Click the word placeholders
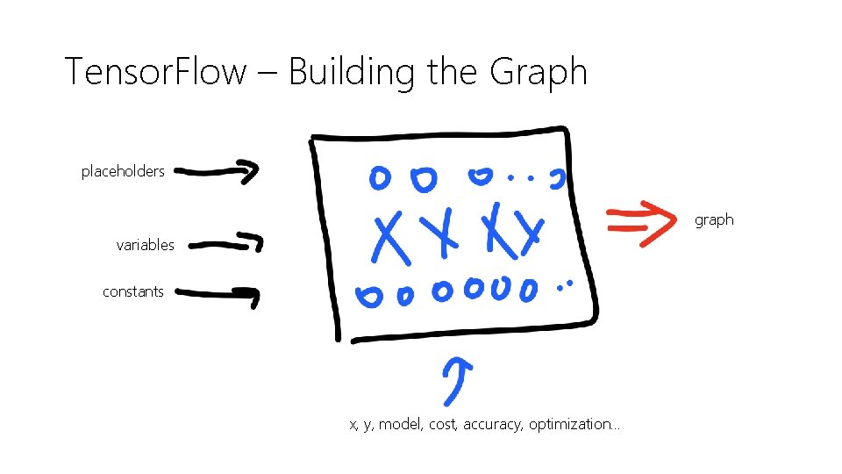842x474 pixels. click(x=123, y=172)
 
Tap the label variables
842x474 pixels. click(x=146, y=246)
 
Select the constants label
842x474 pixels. click(x=133, y=292)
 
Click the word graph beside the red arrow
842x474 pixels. click(x=714, y=219)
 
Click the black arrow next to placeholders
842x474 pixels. click(x=222, y=172)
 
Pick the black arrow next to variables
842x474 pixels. click(x=226, y=243)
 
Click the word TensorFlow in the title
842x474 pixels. click(x=156, y=71)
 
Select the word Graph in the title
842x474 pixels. click(x=539, y=71)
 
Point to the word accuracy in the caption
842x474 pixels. click(x=492, y=425)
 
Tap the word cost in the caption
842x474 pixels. click(x=444, y=425)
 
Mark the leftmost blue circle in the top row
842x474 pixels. click(x=380, y=178)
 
